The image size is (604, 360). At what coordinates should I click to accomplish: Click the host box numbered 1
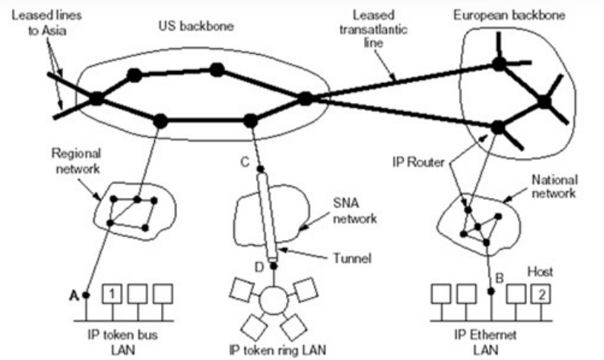[x=112, y=294]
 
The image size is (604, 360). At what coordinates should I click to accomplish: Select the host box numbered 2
[x=541, y=294]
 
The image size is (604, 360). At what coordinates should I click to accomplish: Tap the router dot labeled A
[x=86, y=296]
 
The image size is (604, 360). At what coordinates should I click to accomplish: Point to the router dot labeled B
[x=491, y=291]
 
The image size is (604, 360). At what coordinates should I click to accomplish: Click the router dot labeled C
[x=260, y=169]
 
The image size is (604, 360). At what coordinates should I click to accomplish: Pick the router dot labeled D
[x=273, y=266]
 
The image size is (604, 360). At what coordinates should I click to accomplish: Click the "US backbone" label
[x=196, y=26]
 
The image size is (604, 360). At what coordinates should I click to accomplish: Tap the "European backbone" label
[x=509, y=15]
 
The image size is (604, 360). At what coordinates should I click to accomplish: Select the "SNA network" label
[x=354, y=211]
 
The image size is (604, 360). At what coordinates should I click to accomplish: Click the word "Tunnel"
[x=352, y=258]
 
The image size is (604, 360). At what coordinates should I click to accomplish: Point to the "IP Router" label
[x=418, y=162]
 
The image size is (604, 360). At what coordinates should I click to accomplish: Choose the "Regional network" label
[x=76, y=161]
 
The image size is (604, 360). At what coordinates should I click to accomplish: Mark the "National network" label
[x=554, y=187]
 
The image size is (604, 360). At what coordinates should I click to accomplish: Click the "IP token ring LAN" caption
[x=277, y=350]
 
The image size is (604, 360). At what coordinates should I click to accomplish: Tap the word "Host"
[x=540, y=272]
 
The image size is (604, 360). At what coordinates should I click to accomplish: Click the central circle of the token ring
[x=273, y=301]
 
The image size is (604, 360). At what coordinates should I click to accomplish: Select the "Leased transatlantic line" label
[x=374, y=29]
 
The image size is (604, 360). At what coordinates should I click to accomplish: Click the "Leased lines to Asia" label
[x=46, y=23]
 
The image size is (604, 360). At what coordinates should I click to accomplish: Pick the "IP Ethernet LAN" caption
[x=485, y=342]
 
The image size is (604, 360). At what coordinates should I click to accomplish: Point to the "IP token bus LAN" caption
[x=123, y=342]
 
